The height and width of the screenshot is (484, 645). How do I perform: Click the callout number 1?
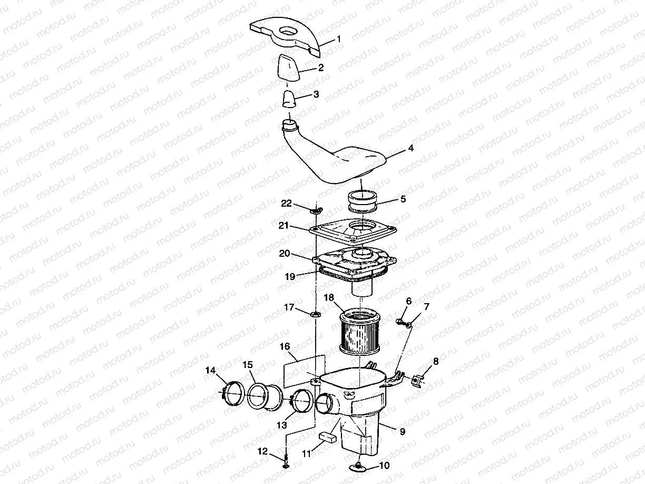click(339, 38)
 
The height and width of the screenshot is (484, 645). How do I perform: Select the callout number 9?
click(402, 431)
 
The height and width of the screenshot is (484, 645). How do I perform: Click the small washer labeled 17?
click(317, 315)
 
